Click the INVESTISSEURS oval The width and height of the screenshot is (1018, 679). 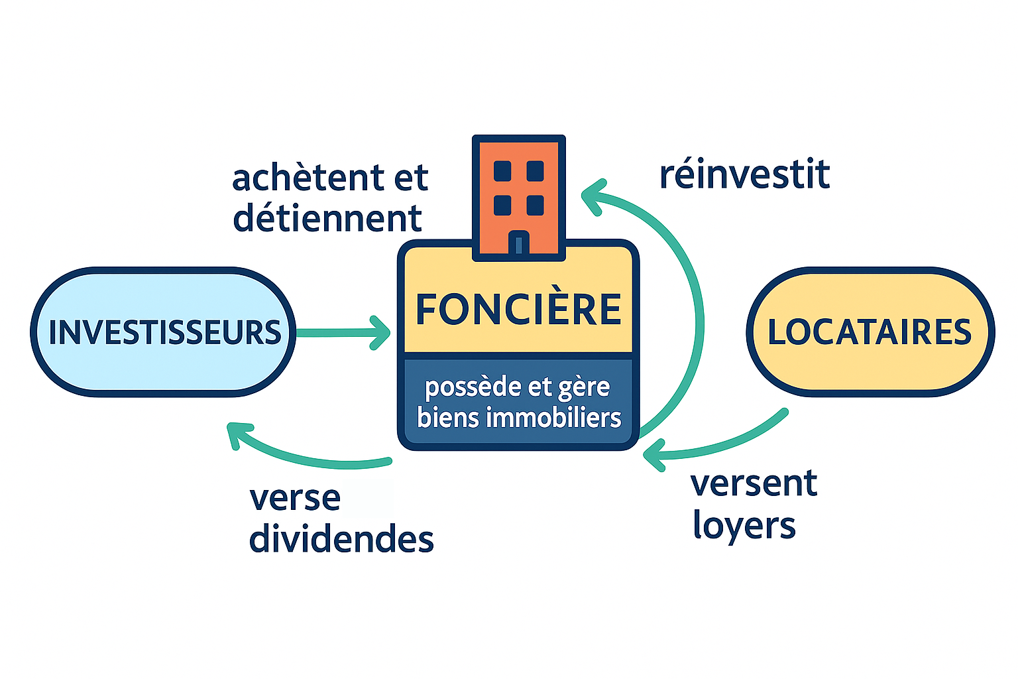point(163,332)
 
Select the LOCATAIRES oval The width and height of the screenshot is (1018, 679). point(870,332)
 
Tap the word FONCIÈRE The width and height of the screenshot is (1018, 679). point(518,309)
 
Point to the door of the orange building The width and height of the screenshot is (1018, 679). point(518,243)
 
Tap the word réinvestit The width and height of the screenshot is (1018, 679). point(744,174)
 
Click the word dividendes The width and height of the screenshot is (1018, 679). point(341,539)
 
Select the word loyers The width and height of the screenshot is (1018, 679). point(744,526)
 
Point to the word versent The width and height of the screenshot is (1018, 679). point(754,483)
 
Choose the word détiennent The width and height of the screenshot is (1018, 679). point(327,219)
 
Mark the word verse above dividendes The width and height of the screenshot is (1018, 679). point(295,498)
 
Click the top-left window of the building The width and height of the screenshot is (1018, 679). point(502,171)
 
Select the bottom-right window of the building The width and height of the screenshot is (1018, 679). point(535,205)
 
